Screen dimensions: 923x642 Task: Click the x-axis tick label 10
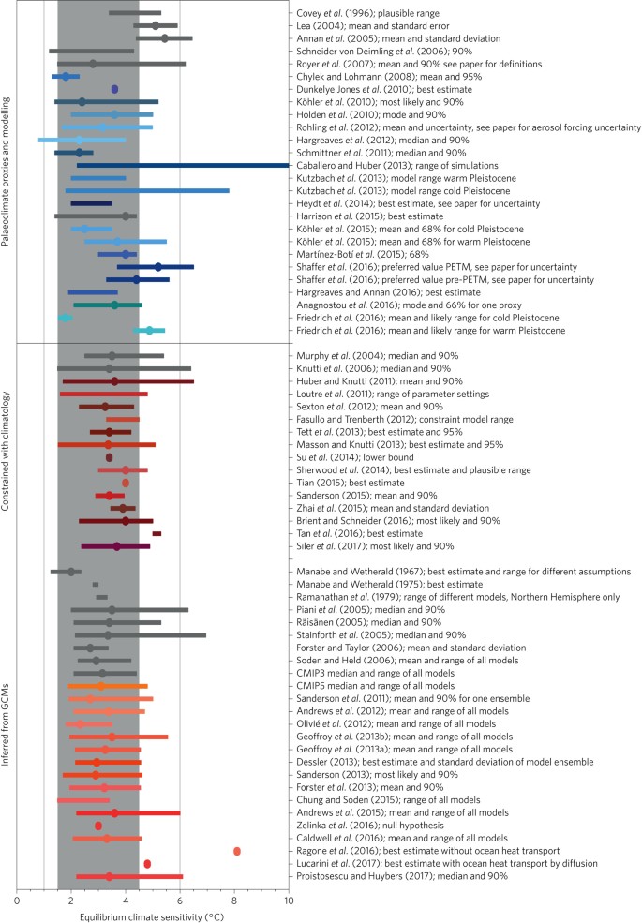click(x=289, y=900)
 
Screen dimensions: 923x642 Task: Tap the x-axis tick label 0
click(x=16, y=900)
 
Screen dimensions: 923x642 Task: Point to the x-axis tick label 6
click(x=180, y=900)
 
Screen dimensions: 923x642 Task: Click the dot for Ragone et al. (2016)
click(x=237, y=851)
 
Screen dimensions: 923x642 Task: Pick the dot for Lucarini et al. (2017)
click(x=147, y=864)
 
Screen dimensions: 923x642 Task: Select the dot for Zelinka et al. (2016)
click(x=98, y=826)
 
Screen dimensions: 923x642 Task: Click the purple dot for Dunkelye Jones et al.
click(x=114, y=89)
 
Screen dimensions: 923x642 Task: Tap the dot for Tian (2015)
click(x=126, y=483)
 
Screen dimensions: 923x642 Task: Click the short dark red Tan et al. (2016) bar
click(x=157, y=533)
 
